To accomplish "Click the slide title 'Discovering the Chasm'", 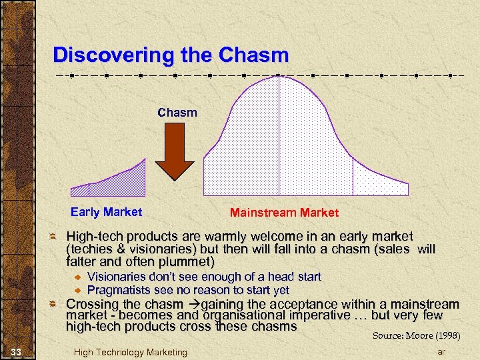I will (x=171, y=55).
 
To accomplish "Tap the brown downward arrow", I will (x=179, y=152).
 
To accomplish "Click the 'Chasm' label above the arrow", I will (x=177, y=112).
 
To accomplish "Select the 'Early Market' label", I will (x=106, y=212).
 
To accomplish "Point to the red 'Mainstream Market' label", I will (x=284, y=213).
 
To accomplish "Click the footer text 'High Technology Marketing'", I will (x=131, y=352).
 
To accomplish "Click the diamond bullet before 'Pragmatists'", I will (x=77, y=290).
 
